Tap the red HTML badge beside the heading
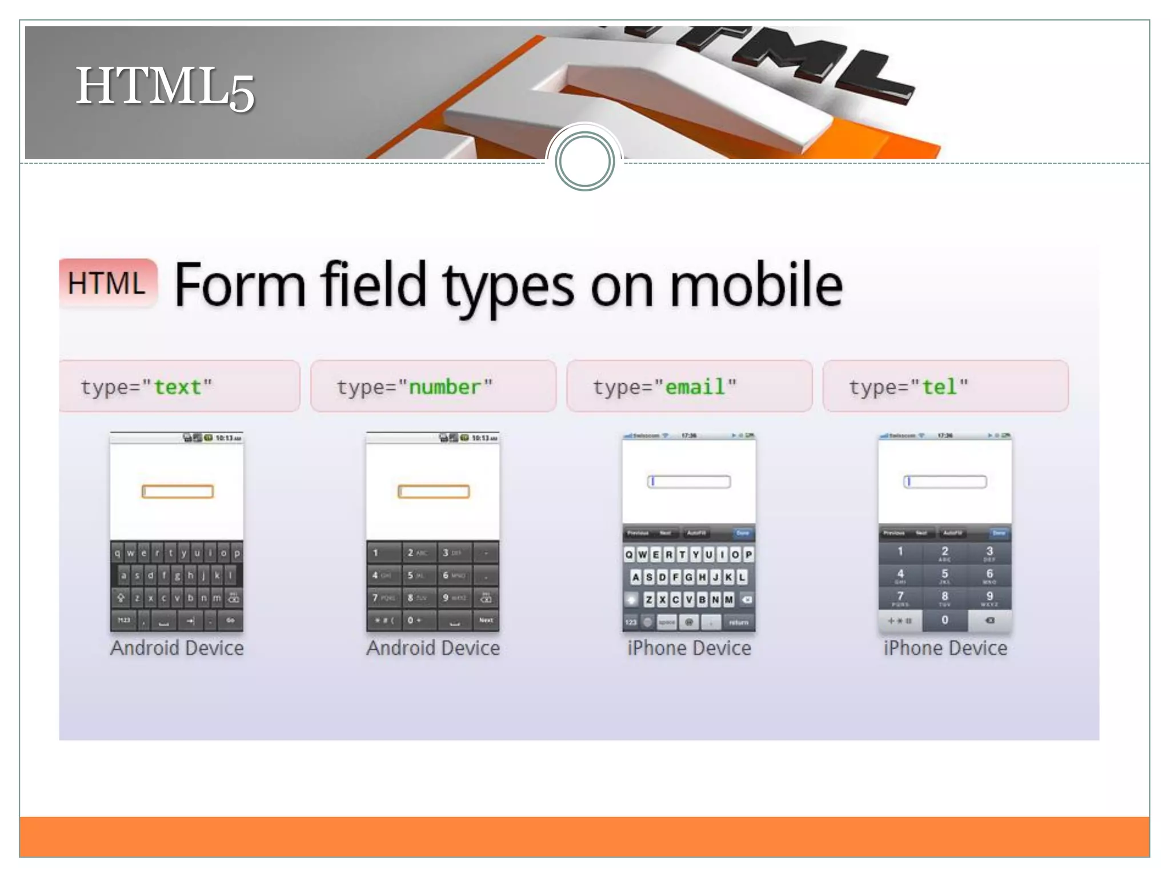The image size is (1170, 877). click(107, 283)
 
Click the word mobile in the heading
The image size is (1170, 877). click(755, 285)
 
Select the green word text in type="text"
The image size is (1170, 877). click(177, 387)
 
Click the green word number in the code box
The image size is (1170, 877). click(444, 387)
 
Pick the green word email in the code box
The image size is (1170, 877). click(695, 387)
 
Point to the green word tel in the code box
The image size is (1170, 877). click(939, 387)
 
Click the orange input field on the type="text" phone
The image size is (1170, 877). click(178, 492)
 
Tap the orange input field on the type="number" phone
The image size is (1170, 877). click(434, 492)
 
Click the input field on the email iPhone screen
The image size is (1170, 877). click(689, 482)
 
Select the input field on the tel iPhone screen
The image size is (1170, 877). click(945, 482)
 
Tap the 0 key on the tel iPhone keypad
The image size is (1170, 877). click(945, 620)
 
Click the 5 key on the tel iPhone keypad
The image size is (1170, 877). click(945, 574)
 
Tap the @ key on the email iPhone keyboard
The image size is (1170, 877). click(689, 622)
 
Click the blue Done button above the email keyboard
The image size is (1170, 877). click(742, 533)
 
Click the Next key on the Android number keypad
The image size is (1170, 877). click(486, 620)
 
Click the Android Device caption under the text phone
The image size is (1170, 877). click(177, 648)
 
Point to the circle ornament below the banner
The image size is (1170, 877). click(584, 162)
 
